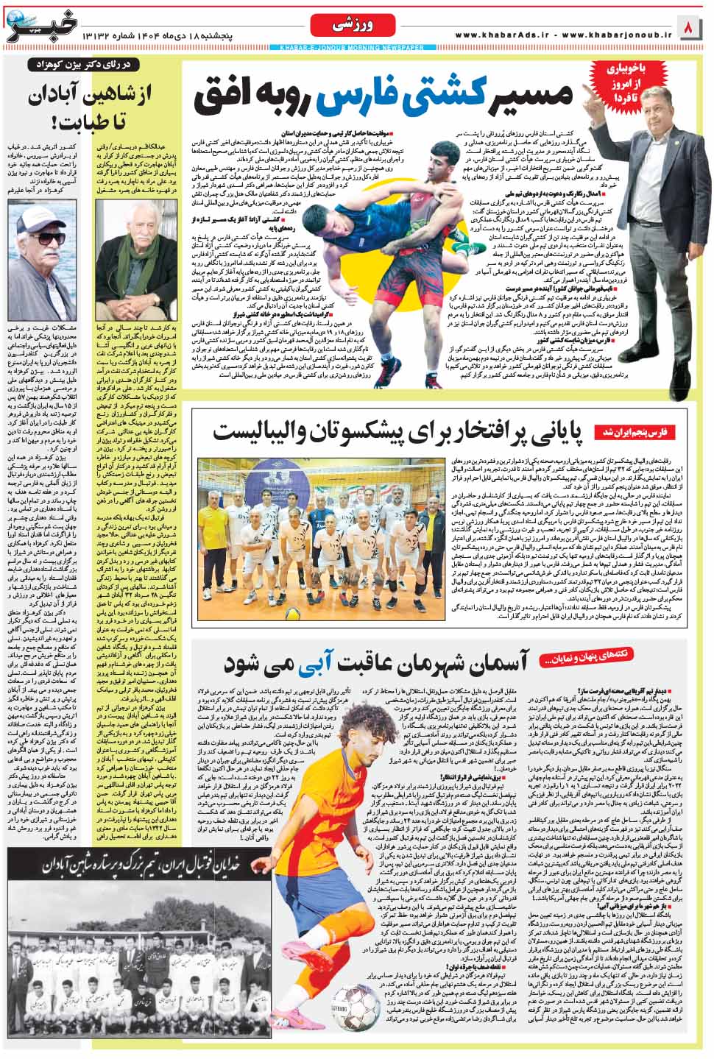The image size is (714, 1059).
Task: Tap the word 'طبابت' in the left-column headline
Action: coord(44,120)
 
